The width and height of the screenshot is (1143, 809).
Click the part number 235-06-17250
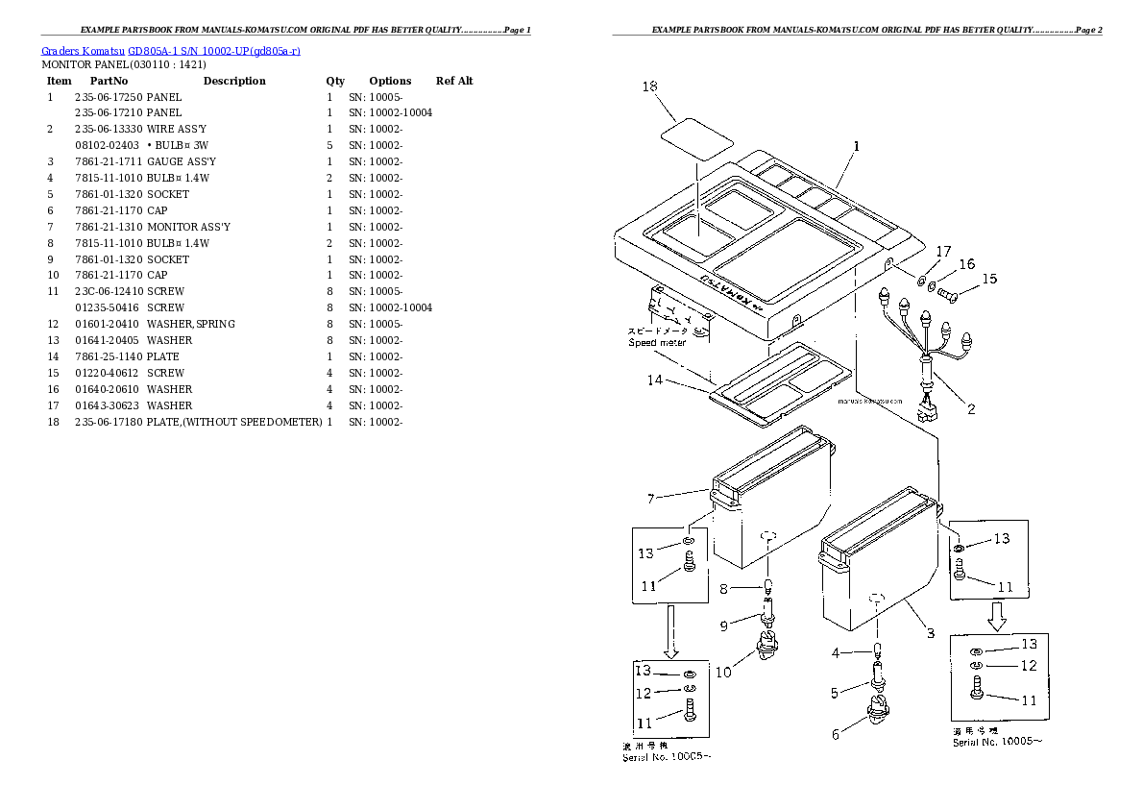pos(108,97)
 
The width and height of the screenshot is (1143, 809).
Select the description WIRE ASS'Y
pos(176,129)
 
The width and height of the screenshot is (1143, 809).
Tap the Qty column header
pos(335,81)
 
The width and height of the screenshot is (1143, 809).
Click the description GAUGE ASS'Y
pos(181,161)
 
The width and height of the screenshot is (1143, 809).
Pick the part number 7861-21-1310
pos(108,227)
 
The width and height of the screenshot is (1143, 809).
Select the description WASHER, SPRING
pos(190,324)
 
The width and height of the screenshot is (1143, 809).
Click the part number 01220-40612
pos(108,373)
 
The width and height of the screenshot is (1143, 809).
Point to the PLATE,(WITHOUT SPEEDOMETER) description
pos(234,422)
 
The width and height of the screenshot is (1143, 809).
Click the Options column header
pos(390,81)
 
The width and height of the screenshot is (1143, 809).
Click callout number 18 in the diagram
pos(649,86)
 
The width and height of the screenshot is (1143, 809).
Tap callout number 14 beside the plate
pos(654,380)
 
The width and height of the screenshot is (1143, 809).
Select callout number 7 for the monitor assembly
pos(650,498)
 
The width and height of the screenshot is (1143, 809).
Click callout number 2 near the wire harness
pos(971,409)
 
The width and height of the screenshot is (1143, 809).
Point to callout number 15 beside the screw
pos(989,279)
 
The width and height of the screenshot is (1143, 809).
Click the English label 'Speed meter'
pos(657,342)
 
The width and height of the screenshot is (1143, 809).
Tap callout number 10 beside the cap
pos(722,672)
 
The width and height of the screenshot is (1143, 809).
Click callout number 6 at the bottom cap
pos(835,734)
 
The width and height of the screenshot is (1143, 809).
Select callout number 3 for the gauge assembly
pos(930,632)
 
